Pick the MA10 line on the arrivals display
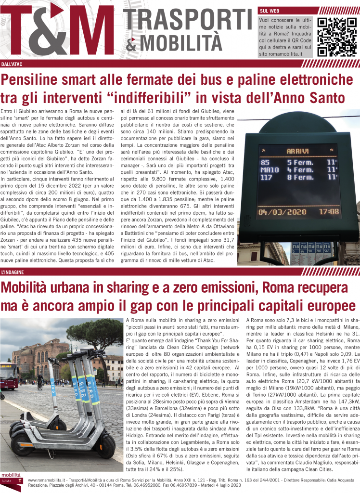click(x=270, y=169)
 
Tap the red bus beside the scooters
click(x=6, y=375)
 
